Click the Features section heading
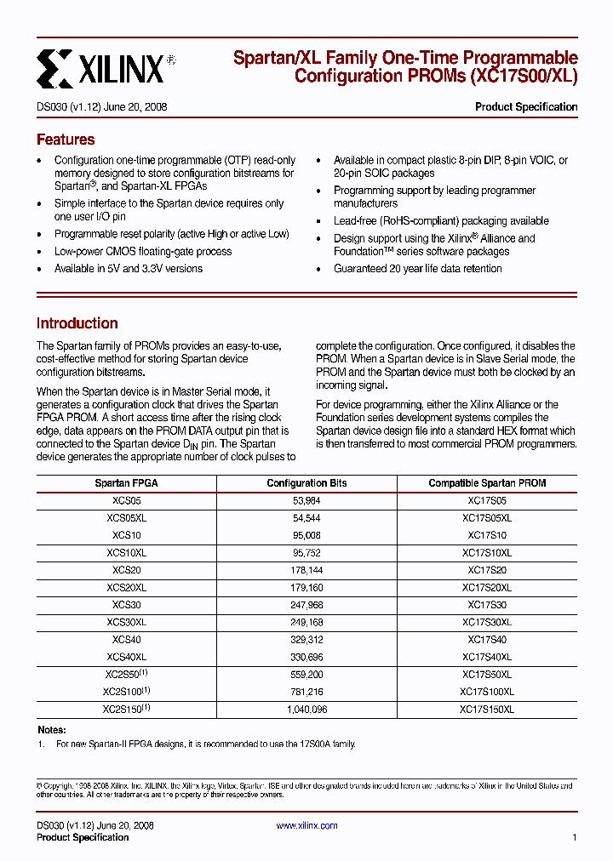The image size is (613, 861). click(x=66, y=140)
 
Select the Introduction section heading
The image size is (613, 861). click(x=77, y=323)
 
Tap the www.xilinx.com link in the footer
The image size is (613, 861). click(x=306, y=825)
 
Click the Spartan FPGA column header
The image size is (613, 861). click(x=126, y=483)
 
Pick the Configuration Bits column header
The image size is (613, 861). click(x=306, y=483)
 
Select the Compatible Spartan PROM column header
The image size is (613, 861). click(x=487, y=483)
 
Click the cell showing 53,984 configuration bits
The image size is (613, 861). click(x=306, y=501)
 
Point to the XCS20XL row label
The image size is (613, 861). click(x=126, y=588)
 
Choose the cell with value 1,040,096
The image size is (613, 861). click(x=306, y=709)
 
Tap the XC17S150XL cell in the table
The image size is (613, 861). click(x=487, y=709)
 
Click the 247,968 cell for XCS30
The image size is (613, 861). click(x=306, y=605)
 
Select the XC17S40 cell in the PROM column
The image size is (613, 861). click(x=487, y=640)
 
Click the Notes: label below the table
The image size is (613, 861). click(x=52, y=730)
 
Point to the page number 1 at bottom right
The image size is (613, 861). click(x=575, y=838)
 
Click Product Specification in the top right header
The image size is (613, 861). click(x=525, y=107)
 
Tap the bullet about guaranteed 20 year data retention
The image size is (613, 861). click(x=417, y=269)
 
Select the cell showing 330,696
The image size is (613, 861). click(x=306, y=657)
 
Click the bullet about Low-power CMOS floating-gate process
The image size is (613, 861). click(x=143, y=252)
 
